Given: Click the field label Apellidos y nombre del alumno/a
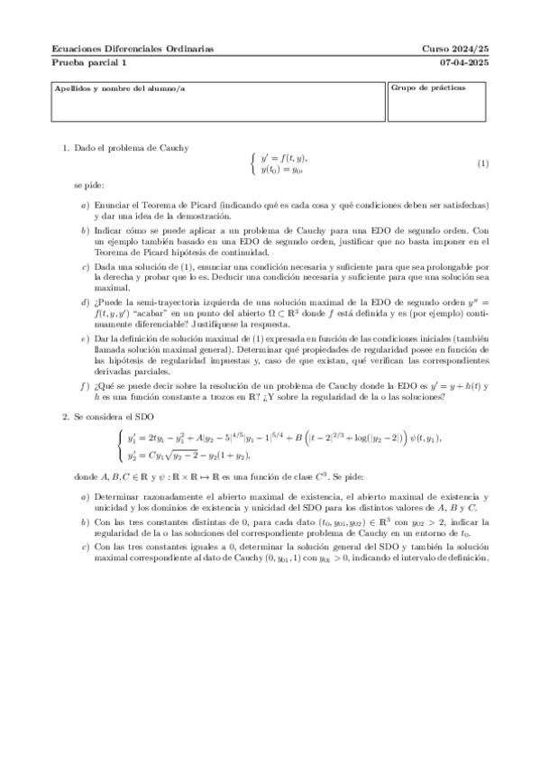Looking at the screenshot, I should tap(106, 88).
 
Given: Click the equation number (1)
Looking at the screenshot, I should tap(482, 163).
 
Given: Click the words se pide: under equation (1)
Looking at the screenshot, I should tap(89, 185).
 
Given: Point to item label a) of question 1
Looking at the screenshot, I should tap(85, 206).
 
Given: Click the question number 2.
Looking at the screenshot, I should tap(65, 417).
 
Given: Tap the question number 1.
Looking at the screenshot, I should tap(65, 147).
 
